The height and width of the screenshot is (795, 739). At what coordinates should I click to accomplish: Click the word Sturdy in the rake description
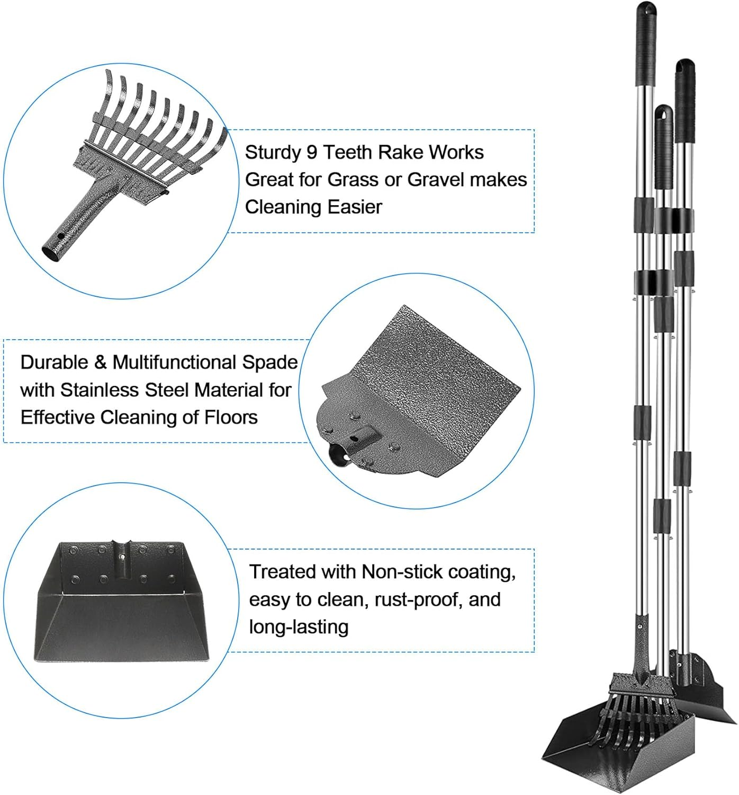[273, 153]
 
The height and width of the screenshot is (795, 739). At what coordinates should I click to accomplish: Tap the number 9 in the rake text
[312, 153]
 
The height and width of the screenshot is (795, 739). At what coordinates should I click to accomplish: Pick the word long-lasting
[299, 627]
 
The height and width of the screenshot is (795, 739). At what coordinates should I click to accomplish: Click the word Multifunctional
[175, 363]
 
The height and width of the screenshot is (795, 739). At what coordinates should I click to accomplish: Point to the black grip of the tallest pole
[645, 37]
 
